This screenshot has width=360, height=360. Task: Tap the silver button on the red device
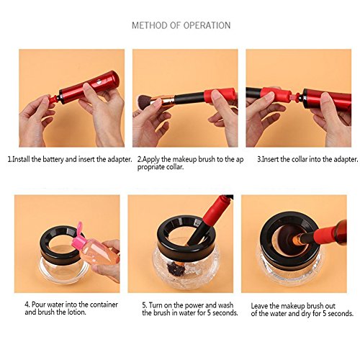(x=99, y=82)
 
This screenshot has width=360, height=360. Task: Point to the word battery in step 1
(x=53, y=159)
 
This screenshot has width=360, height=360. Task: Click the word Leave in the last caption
(x=259, y=306)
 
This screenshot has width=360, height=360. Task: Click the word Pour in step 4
(x=38, y=305)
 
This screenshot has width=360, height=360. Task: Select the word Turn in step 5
(x=156, y=305)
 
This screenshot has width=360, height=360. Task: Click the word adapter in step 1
(x=120, y=159)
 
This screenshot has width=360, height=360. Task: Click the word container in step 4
(x=104, y=305)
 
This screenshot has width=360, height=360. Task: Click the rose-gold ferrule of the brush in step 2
(x=166, y=100)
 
